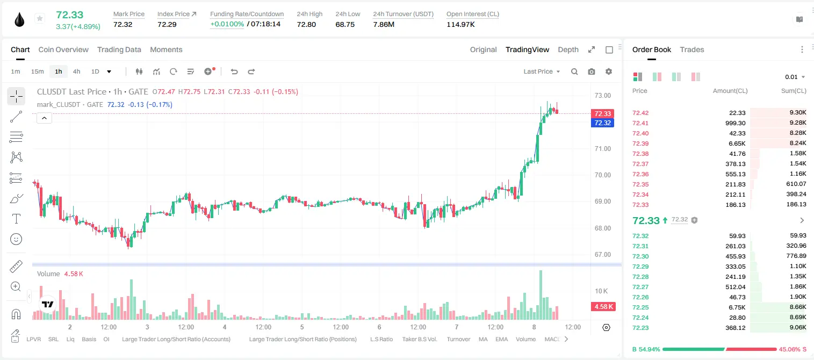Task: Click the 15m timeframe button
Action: point(38,71)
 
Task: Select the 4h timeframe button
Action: point(76,71)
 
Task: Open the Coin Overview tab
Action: point(63,49)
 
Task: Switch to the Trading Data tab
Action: point(119,49)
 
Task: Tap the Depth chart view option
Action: point(568,49)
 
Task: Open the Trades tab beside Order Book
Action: point(692,49)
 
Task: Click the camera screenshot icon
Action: point(592,71)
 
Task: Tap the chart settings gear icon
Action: point(609,71)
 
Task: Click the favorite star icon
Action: point(40,18)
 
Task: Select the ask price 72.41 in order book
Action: point(640,123)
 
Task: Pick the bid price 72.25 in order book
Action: point(640,307)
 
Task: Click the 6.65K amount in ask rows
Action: point(737,143)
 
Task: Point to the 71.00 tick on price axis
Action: point(603,149)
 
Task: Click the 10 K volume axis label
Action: point(601,291)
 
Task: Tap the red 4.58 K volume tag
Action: point(603,307)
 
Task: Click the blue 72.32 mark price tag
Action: point(602,123)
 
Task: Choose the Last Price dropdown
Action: point(542,71)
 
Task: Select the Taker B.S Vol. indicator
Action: point(419,339)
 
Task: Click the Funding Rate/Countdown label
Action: point(247,14)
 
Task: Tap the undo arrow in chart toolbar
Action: point(234,71)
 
